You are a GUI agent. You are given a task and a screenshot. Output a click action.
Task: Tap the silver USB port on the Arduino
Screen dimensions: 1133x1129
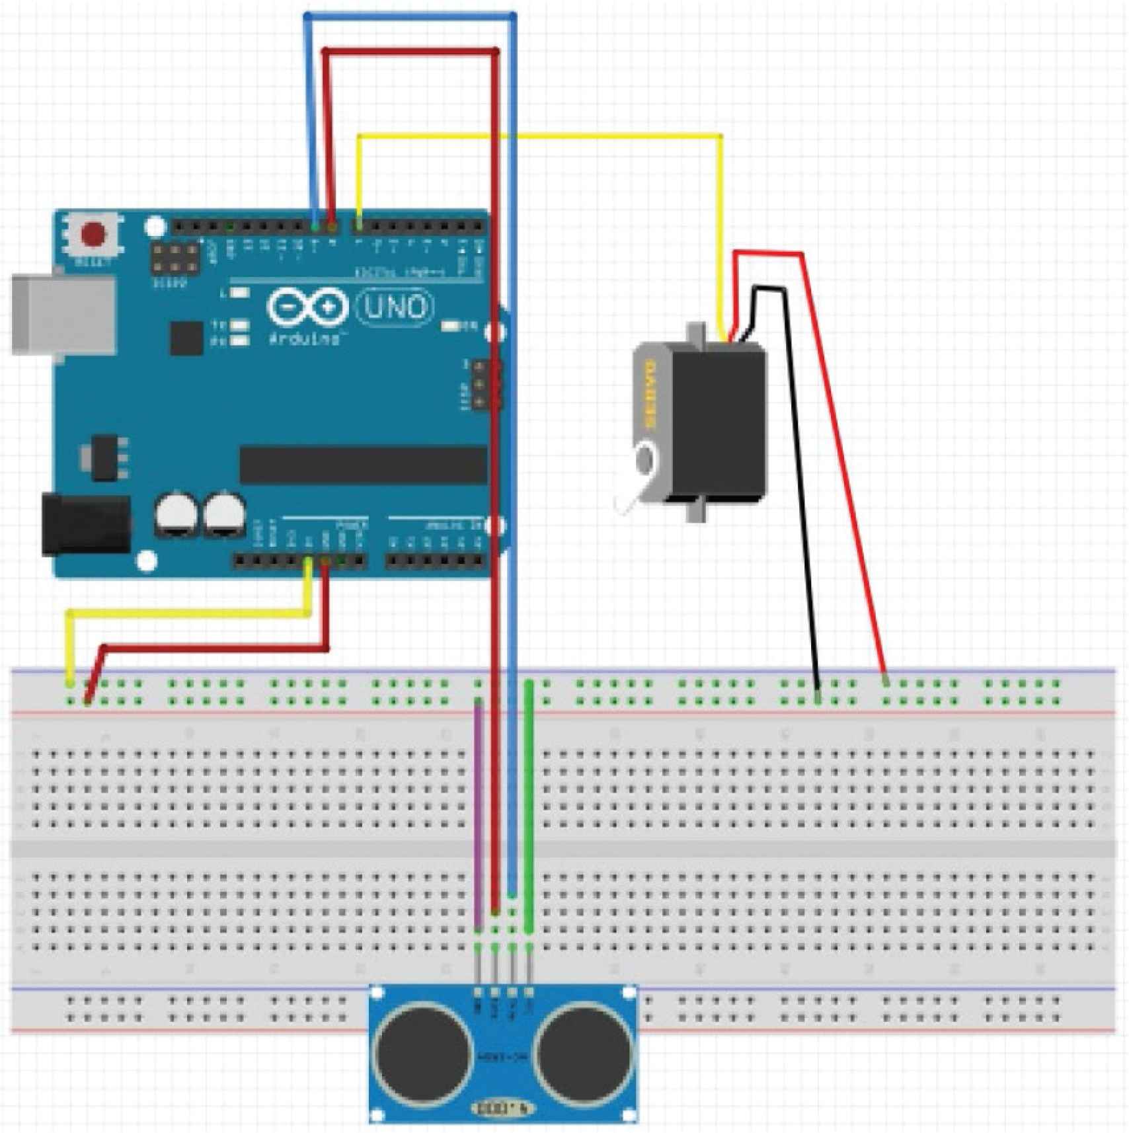(x=63, y=316)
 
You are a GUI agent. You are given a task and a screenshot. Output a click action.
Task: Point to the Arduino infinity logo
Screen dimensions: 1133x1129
(x=307, y=307)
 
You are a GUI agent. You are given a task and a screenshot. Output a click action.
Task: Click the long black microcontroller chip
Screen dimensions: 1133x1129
(x=363, y=465)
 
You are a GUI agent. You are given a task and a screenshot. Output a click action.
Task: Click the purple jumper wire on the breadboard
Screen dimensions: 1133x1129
(x=479, y=813)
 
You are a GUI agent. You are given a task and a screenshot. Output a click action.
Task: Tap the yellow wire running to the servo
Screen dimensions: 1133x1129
(x=542, y=137)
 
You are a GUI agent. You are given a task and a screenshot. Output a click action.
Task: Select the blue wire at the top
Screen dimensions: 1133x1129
(x=410, y=15)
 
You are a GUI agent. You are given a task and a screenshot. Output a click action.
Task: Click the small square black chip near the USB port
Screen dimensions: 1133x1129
(x=186, y=338)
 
